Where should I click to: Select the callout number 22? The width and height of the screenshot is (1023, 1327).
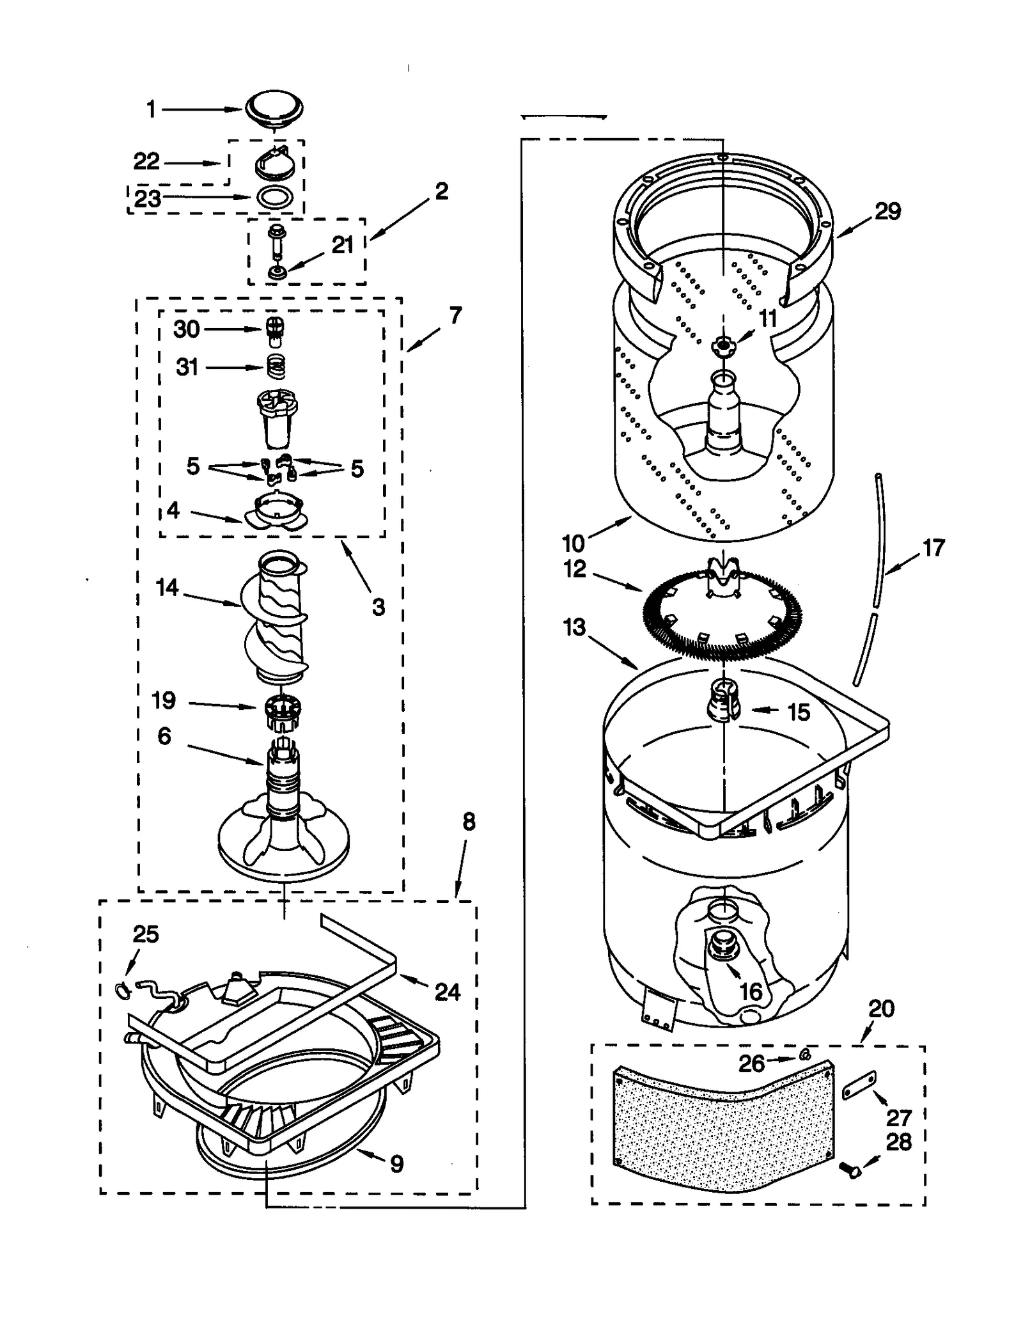click(x=146, y=161)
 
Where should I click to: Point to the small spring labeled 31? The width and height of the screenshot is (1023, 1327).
click(x=276, y=367)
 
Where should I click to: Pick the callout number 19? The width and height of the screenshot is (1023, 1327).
click(x=164, y=700)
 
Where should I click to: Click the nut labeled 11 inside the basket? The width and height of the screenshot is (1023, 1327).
click(x=722, y=345)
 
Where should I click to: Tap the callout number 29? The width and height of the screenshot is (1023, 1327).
click(x=887, y=211)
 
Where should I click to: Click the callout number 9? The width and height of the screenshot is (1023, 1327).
click(x=396, y=1164)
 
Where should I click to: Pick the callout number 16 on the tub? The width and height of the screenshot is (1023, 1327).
click(x=751, y=992)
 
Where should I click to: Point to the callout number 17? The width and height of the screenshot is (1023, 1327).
click(x=933, y=547)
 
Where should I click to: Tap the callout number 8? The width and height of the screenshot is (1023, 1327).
click(x=469, y=822)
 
